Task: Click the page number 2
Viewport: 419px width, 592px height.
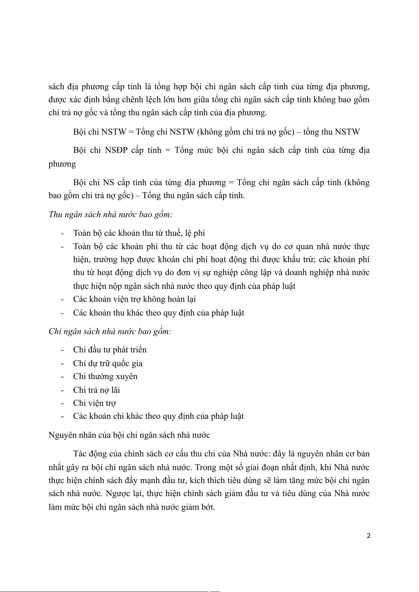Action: click(x=369, y=536)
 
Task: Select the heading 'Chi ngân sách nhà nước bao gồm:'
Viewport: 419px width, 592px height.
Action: click(x=110, y=331)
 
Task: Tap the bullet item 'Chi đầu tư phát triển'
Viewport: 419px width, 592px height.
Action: click(x=110, y=350)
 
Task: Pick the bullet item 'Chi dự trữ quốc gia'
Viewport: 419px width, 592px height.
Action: click(x=108, y=363)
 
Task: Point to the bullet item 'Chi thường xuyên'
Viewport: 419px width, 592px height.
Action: click(x=105, y=377)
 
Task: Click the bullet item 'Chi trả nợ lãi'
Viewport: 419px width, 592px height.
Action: click(x=96, y=390)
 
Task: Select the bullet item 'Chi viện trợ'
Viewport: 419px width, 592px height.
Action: click(x=94, y=403)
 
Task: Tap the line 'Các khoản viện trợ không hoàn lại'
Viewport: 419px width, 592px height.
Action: click(x=134, y=299)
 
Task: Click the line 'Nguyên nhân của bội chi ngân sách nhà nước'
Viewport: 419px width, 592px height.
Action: click(x=129, y=435)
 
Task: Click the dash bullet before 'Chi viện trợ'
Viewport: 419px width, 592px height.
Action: click(x=62, y=403)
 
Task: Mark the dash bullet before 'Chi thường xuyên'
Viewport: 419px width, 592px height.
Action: click(x=62, y=377)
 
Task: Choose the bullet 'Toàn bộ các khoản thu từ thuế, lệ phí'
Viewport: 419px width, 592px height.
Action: click(x=139, y=233)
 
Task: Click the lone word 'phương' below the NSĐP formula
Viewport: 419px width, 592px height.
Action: click(x=62, y=164)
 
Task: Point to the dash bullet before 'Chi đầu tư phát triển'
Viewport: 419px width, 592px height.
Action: click(x=62, y=350)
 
